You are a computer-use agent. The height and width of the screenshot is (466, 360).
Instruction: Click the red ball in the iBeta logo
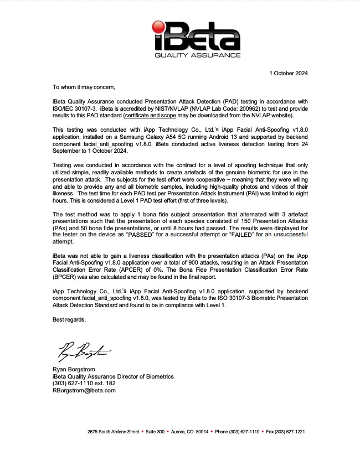tap(159, 27)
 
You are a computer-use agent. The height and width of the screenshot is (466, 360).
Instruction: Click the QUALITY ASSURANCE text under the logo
tap(197, 55)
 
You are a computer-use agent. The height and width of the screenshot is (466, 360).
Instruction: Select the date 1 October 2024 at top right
tap(288, 73)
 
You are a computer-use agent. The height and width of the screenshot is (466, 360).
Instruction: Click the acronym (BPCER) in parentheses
tap(67, 277)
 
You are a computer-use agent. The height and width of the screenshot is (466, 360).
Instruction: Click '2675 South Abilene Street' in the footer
tap(113, 432)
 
